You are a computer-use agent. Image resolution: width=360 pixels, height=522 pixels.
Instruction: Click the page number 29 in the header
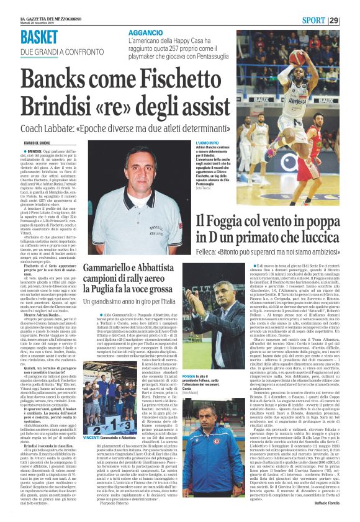351,20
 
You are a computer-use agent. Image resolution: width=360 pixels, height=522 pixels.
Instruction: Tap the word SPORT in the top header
326,20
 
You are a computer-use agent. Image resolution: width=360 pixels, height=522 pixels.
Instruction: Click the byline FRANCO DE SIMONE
38,143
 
